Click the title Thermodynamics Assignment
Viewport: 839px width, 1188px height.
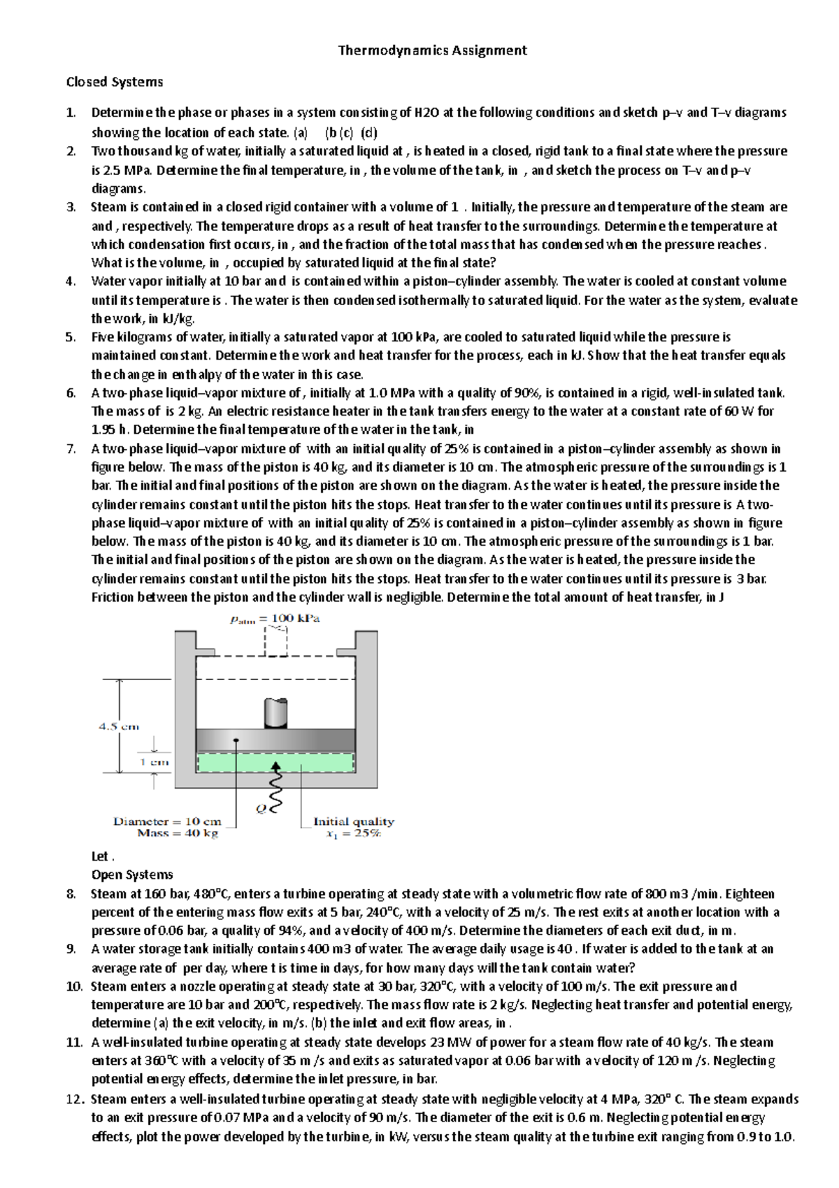click(x=432, y=50)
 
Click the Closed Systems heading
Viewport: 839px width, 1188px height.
click(x=115, y=82)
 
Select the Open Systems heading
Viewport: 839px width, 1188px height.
click(x=132, y=875)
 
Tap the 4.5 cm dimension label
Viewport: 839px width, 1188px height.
click(x=119, y=726)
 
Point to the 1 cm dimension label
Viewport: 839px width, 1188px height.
click(x=155, y=762)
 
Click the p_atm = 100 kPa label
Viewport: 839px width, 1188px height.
click(x=275, y=618)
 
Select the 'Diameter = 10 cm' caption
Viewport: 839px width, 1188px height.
click(x=167, y=821)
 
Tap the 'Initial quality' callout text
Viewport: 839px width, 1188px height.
click(x=354, y=821)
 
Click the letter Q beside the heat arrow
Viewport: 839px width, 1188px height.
click(x=261, y=809)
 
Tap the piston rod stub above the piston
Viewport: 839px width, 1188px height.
click(x=276, y=714)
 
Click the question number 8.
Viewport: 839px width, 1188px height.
click(x=70, y=893)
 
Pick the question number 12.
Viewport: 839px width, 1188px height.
click(x=75, y=1099)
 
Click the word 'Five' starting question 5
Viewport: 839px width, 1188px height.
click(x=103, y=337)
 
